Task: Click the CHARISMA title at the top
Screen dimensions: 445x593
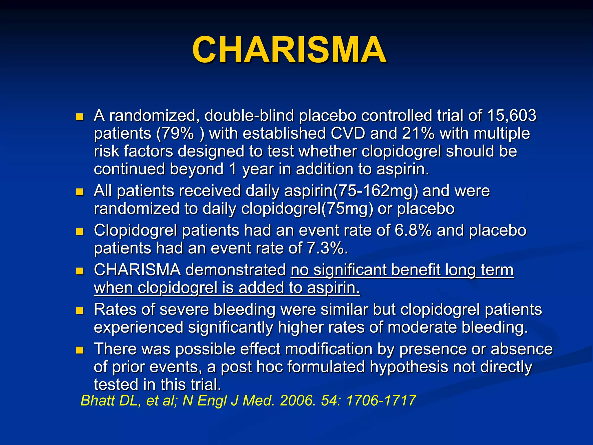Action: (x=289, y=50)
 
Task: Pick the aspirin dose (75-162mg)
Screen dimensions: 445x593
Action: (x=376, y=191)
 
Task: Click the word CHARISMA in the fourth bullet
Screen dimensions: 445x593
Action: (x=137, y=270)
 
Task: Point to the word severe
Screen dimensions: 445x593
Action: (x=184, y=309)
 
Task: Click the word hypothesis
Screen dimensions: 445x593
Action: (x=409, y=367)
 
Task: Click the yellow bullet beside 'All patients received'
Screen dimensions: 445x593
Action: (x=79, y=192)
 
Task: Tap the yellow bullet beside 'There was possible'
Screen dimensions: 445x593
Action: (x=79, y=350)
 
